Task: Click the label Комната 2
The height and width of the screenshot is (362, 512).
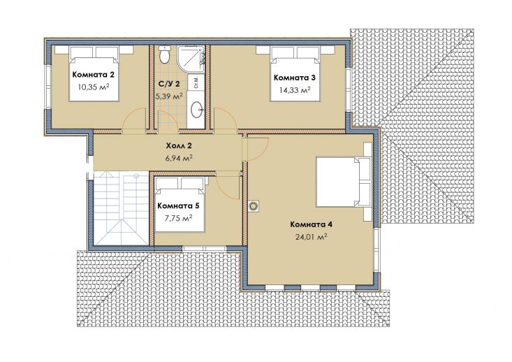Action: coord(94,75)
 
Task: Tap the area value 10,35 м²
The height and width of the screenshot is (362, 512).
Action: coord(94,86)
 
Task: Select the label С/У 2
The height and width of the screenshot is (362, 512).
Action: coord(169,84)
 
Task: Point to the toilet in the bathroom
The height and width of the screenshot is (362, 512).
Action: coord(164,55)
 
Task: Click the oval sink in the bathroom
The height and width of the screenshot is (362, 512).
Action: coord(196,110)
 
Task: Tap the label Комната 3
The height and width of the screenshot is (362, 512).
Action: coord(295,78)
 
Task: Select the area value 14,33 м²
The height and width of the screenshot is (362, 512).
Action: coord(295,90)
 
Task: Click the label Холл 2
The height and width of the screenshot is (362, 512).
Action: coord(179,145)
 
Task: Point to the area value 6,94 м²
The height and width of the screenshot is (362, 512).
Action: coord(179,158)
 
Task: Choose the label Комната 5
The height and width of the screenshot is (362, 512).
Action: coord(178,206)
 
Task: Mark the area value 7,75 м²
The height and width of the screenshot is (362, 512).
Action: coord(178,218)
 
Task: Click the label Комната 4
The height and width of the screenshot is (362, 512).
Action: coord(312,224)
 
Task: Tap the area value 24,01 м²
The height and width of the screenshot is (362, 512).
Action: coord(312,236)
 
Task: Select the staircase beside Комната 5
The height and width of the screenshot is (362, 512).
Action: coord(121,208)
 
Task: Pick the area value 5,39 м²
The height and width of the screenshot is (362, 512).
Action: coord(169,96)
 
